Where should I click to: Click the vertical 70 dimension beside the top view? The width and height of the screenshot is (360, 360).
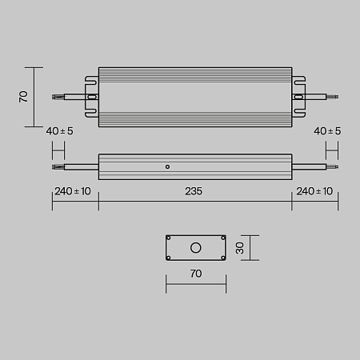[x=24, y=96]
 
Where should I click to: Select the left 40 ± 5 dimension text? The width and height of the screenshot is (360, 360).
[x=61, y=131]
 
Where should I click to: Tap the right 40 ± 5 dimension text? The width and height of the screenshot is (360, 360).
[x=328, y=131]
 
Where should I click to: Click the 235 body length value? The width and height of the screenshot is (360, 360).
[x=194, y=192]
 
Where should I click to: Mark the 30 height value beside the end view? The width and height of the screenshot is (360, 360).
[x=241, y=247]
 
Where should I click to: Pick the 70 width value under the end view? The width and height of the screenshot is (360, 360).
[x=195, y=274]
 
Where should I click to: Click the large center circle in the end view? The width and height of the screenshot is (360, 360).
[x=195, y=247]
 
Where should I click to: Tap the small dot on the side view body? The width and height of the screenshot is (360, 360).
[x=166, y=167]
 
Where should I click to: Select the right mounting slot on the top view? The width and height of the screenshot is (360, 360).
[x=299, y=97]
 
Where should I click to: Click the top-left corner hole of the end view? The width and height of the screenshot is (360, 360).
[x=170, y=238]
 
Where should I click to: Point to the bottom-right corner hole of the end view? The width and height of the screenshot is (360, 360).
[x=221, y=256]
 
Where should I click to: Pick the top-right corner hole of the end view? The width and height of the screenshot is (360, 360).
[x=221, y=238]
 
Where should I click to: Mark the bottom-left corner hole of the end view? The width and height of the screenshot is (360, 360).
[x=170, y=256]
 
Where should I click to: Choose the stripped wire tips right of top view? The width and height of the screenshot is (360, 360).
[x=334, y=97]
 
